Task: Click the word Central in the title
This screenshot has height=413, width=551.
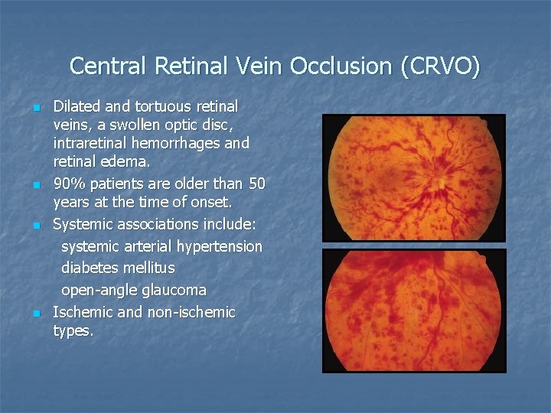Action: (109, 67)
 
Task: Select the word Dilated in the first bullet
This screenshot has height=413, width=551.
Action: (75, 106)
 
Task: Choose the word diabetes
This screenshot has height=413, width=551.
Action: (88, 268)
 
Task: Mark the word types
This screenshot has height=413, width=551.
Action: (73, 331)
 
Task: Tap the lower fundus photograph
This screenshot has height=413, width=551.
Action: (414, 310)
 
